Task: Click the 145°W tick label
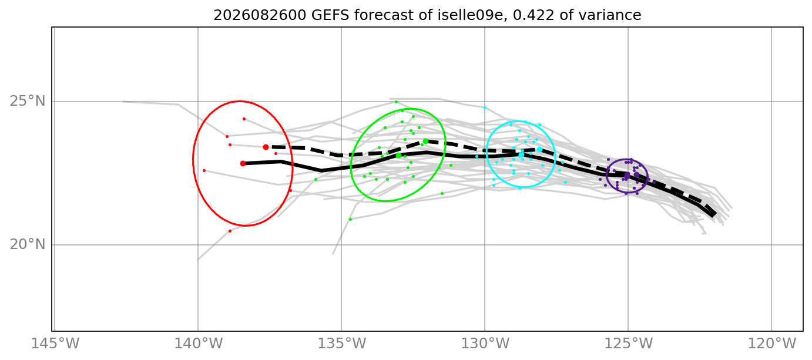click(55, 344)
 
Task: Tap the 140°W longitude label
click(198, 344)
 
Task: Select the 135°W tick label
click(341, 344)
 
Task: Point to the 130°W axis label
click(485, 344)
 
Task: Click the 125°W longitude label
click(628, 344)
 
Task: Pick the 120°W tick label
click(772, 344)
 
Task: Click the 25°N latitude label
click(28, 102)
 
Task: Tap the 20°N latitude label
click(28, 245)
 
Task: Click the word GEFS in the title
click(330, 15)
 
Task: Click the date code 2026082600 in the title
click(260, 15)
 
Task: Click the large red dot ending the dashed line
click(266, 147)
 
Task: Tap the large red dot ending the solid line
click(243, 164)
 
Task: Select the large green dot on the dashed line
click(425, 142)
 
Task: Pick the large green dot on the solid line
click(399, 156)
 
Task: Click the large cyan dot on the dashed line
click(539, 150)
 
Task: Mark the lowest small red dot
click(230, 231)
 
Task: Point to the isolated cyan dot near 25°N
click(485, 108)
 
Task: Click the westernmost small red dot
click(204, 170)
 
